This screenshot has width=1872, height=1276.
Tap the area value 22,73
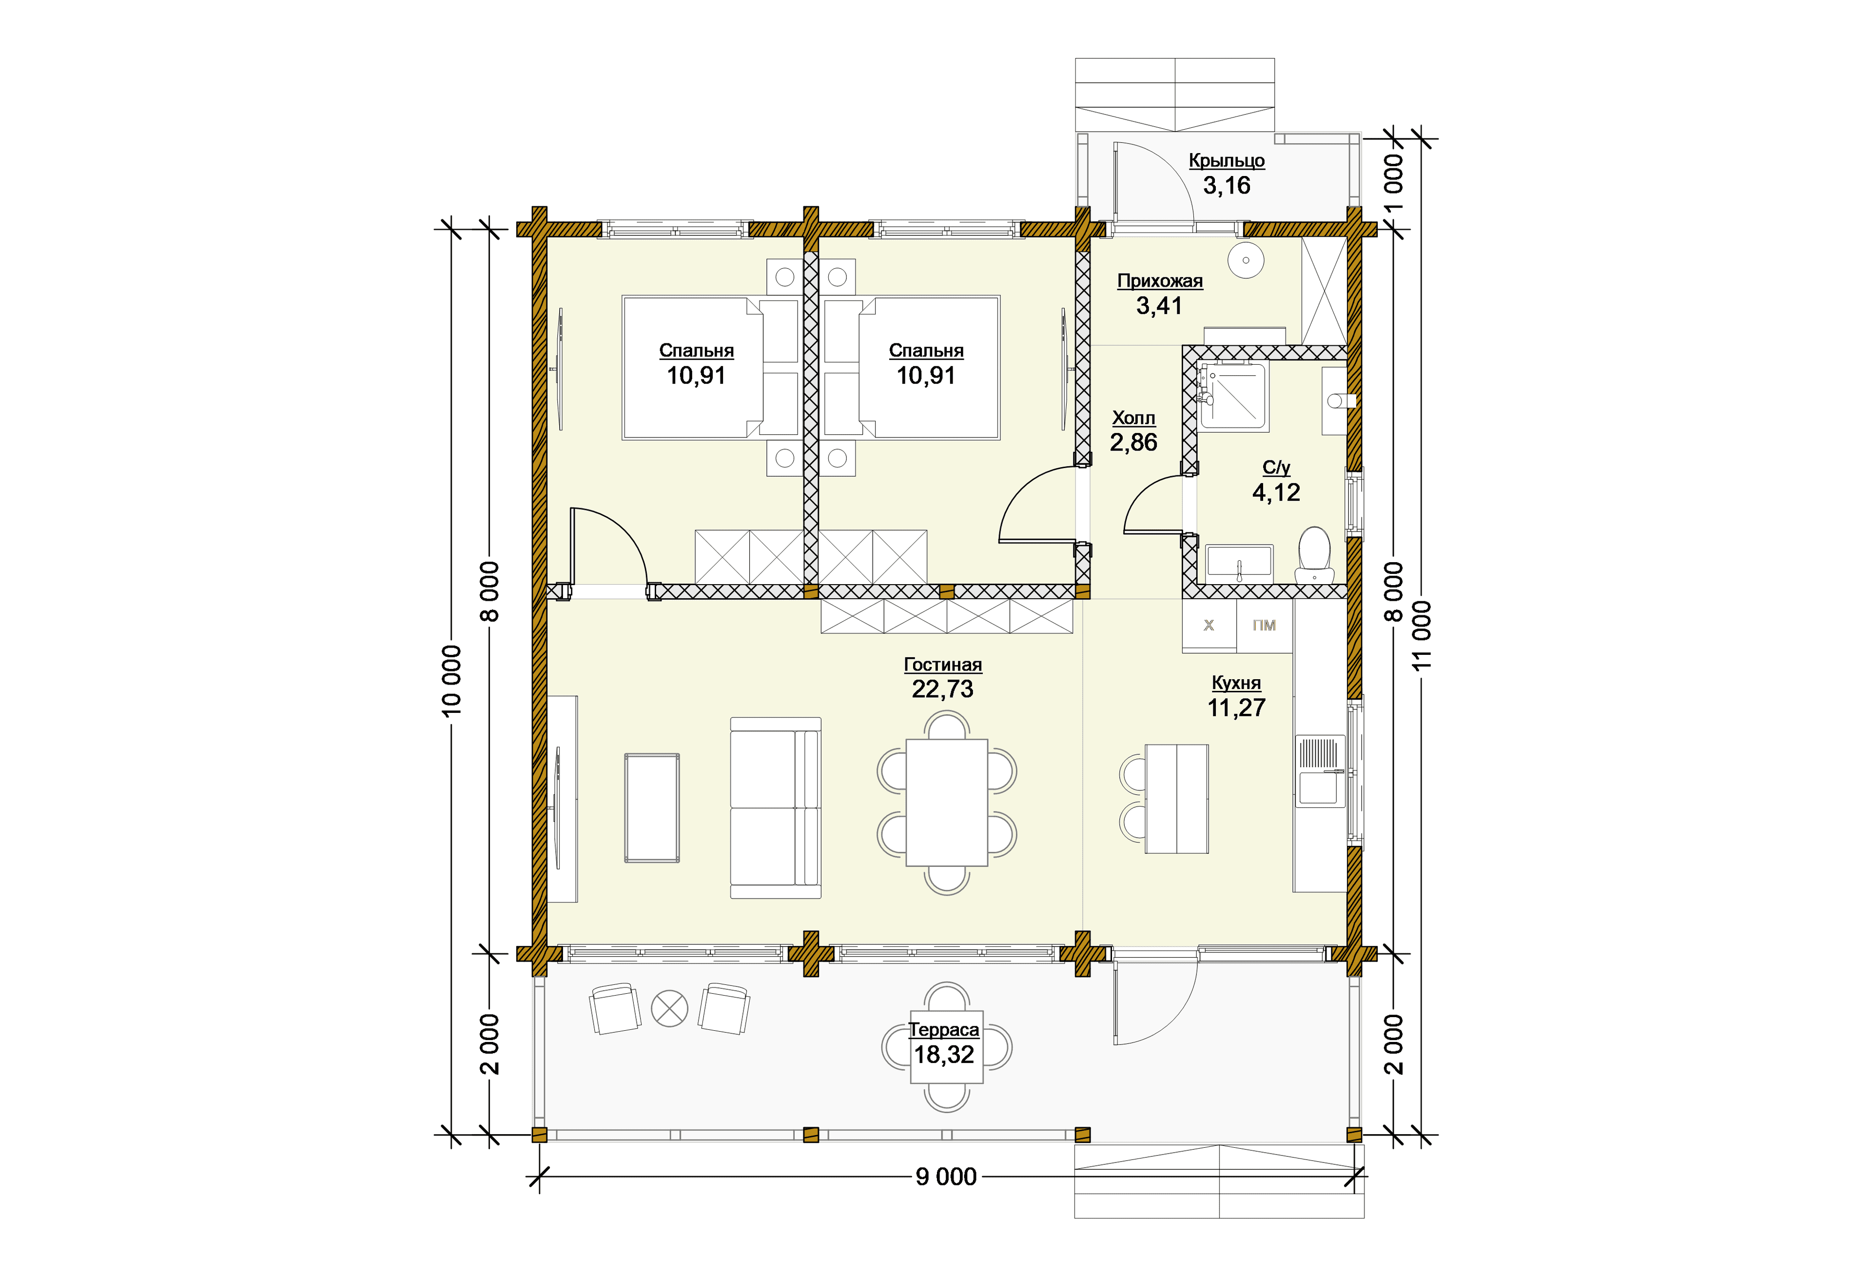(942, 689)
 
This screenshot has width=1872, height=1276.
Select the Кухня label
(1236, 683)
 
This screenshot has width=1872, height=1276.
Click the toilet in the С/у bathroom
(1315, 555)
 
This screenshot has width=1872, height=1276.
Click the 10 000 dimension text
(452, 679)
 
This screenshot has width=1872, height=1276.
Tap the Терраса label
(944, 1029)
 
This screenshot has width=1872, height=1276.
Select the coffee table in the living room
(652, 808)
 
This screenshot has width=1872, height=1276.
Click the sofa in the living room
(776, 807)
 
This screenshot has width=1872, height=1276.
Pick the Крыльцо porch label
(1227, 160)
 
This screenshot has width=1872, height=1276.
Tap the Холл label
(1133, 418)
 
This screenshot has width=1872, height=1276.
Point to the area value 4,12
(1276, 492)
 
